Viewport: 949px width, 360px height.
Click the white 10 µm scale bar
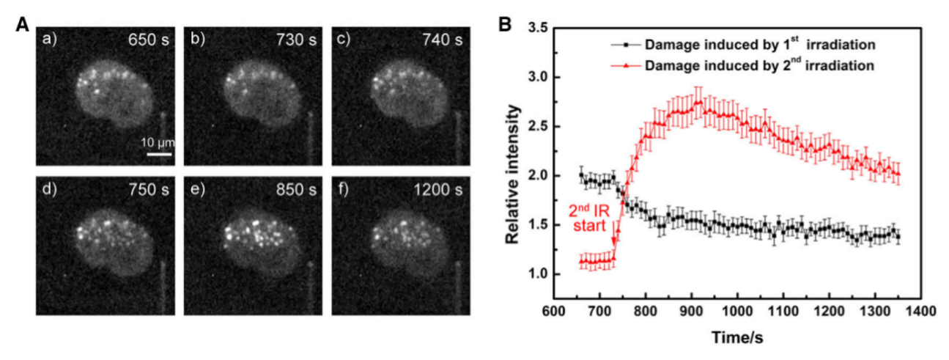coord(158,154)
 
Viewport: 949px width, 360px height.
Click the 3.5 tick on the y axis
coord(538,28)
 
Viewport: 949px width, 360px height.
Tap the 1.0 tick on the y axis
coord(538,274)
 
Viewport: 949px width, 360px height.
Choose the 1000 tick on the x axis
coord(736,310)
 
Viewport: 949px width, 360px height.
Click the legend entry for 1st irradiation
coord(759,45)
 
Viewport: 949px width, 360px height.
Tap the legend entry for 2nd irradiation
coord(759,65)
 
